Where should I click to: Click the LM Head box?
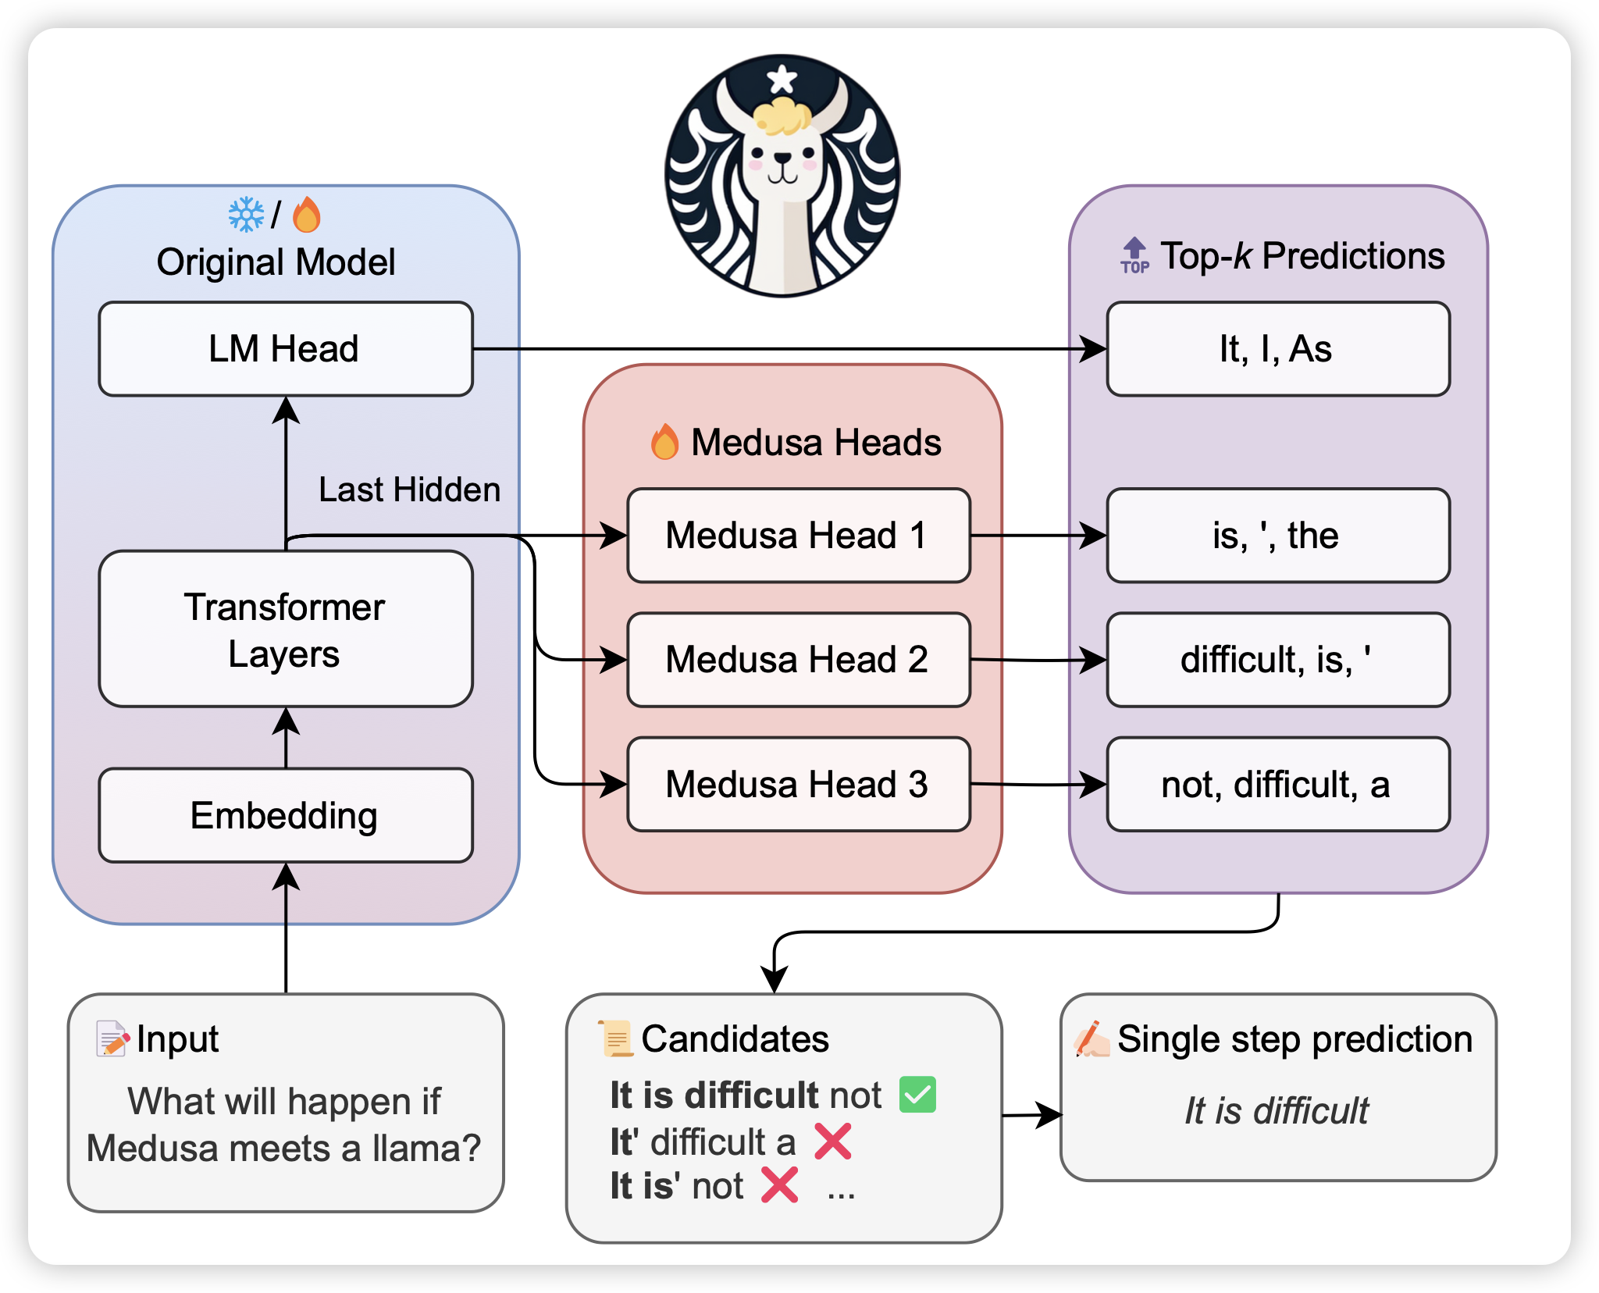coord(286,349)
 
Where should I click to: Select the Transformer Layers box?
coord(286,629)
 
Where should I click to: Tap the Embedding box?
coord(286,815)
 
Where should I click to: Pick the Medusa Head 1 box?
coord(798,536)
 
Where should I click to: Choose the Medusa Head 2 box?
coord(798,660)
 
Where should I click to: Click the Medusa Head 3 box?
coord(798,784)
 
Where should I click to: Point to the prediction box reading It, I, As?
coord(1278,349)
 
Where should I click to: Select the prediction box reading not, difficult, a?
coord(1278,784)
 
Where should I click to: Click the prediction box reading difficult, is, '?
coord(1278,660)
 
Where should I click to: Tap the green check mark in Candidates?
coord(917,1095)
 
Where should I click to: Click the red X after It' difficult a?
coord(833,1142)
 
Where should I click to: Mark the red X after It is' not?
coord(779,1185)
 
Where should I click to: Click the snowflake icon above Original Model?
coord(246,215)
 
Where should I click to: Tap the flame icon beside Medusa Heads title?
coord(664,442)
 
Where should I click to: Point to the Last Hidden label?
coord(409,490)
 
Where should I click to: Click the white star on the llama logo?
coord(782,79)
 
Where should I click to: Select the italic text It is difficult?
coord(1277,1110)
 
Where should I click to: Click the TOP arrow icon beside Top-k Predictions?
coord(1134,255)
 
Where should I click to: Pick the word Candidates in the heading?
coord(735,1039)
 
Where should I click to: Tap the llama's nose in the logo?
coord(782,159)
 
